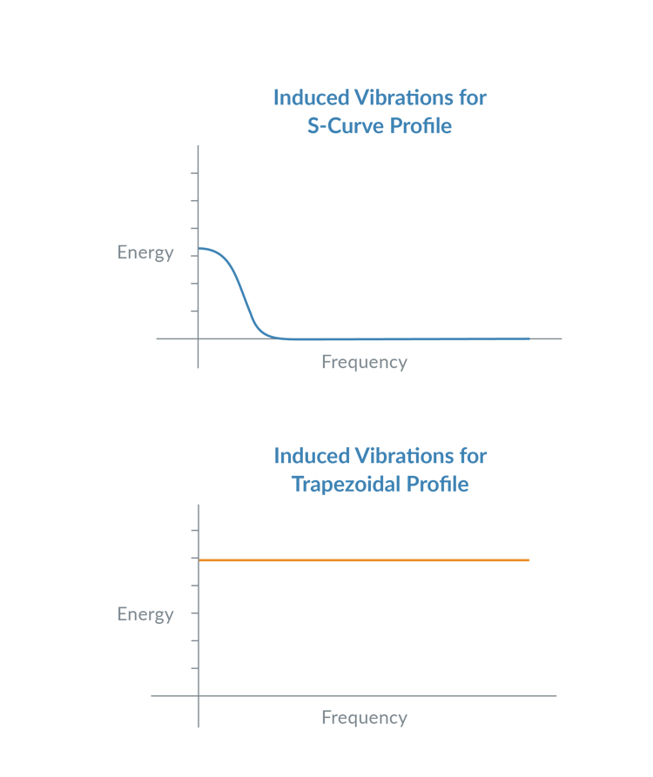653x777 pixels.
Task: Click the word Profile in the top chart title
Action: point(421,126)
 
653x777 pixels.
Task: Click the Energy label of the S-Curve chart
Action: point(145,253)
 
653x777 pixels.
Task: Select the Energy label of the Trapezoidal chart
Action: point(145,614)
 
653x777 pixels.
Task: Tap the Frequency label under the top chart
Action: point(364,362)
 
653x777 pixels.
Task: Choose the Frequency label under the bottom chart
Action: point(364,718)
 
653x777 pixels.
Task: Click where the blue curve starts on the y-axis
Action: point(199,249)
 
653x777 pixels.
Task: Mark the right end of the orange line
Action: point(529,559)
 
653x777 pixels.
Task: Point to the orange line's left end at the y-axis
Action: point(199,559)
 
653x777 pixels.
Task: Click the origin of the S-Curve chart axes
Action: point(199,338)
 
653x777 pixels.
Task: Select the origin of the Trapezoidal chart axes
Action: point(199,696)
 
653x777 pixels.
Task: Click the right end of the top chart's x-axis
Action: point(562,338)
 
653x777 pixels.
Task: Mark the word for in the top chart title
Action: point(473,97)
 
